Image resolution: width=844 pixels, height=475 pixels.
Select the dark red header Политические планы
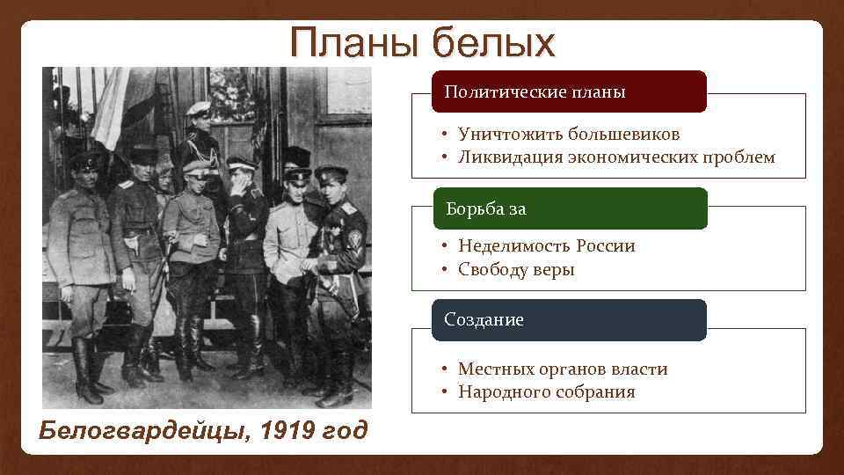pos(569,91)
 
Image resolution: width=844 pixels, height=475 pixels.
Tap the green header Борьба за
pos(569,208)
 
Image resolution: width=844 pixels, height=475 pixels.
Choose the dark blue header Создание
pos(569,320)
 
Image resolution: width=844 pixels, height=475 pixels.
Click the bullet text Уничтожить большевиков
pos(568,135)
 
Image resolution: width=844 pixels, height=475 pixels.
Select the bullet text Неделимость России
pos(546,246)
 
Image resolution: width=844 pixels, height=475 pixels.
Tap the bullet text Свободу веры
pos(516,270)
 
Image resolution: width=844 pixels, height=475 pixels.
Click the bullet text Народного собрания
pos(546,392)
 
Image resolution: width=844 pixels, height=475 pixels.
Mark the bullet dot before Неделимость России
pos(447,246)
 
